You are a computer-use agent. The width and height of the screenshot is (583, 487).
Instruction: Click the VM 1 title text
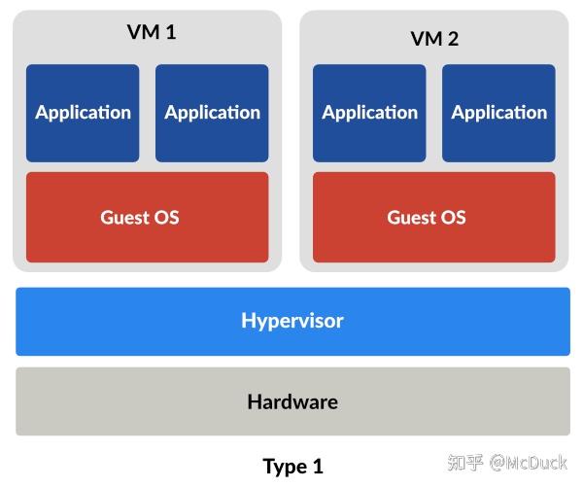[152, 32]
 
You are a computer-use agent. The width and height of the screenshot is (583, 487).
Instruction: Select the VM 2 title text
[434, 39]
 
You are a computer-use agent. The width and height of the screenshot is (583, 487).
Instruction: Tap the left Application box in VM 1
[83, 113]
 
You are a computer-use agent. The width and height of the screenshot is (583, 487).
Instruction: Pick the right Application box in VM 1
[212, 113]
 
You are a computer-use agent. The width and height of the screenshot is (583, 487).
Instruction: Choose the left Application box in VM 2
[369, 113]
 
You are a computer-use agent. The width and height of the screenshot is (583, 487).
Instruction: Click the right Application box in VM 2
[498, 113]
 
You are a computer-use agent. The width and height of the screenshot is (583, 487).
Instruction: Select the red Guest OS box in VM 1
[147, 217]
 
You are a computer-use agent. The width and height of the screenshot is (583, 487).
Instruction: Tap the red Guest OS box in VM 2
[433, 217]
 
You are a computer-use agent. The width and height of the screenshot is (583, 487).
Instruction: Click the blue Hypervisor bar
[292, 321]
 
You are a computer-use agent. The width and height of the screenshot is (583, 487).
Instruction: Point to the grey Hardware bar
[292, 401]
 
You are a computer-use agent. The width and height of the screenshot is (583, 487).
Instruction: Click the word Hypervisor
[292, 321]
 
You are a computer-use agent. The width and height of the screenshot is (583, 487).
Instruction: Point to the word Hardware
[292, 401]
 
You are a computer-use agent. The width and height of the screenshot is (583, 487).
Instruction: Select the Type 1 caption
[292, 467]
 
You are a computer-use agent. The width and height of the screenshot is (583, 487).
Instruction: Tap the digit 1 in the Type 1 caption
[318, 467]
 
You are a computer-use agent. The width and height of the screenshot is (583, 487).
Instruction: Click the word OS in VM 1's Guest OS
[166, 217]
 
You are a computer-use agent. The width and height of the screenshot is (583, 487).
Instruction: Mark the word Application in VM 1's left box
[83, 113]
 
